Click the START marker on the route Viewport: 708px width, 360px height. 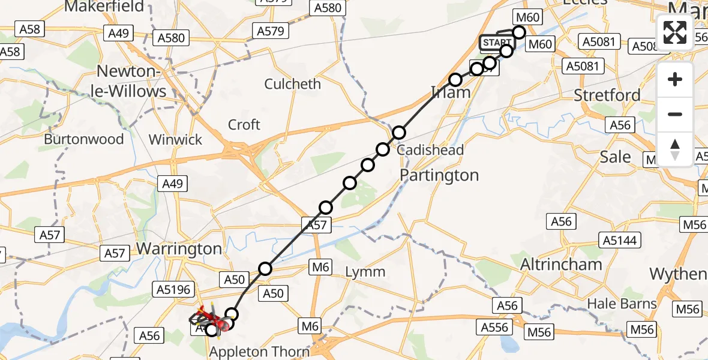[496, 43]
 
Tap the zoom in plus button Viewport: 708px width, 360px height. [675, 79]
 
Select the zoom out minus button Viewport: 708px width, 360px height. [675, 114]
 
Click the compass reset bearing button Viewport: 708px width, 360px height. [675, 149]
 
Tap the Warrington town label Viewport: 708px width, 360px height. [179, 248]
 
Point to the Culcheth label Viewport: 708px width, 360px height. [293, 84]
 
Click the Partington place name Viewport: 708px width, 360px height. [439, 175]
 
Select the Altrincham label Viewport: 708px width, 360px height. [561, 264]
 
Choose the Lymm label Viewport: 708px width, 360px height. [365, 272]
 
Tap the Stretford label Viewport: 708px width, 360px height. [607, 95]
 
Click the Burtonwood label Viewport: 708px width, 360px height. [84, 139]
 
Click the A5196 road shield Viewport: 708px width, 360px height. [173, 290]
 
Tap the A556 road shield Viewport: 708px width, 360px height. [495, 327]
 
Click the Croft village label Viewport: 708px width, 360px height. [244, 125]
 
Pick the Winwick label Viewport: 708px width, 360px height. [175, 139]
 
